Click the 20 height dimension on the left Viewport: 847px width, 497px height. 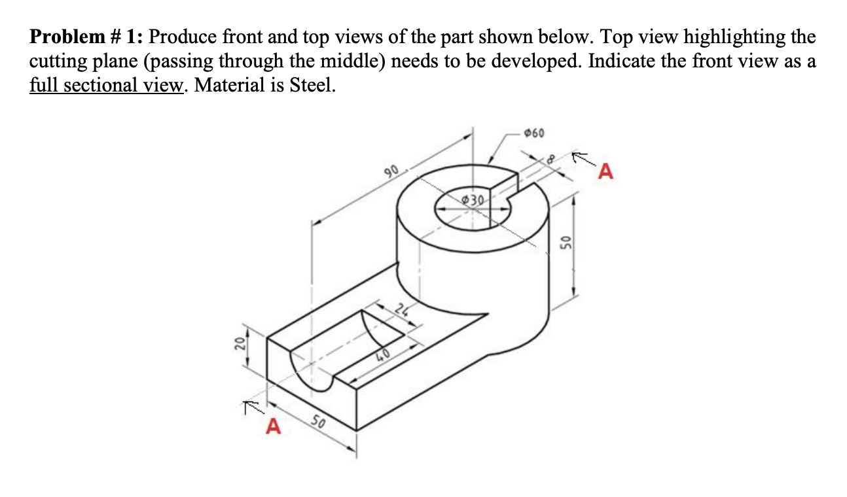click(x=240, y=344)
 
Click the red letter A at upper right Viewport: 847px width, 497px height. click(x=607, y=172)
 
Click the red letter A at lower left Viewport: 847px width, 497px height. click(x=273, y=428)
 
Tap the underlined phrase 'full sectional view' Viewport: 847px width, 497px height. click(x=105, y=85)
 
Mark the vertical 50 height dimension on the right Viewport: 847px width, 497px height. click(x=566, y=244)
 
